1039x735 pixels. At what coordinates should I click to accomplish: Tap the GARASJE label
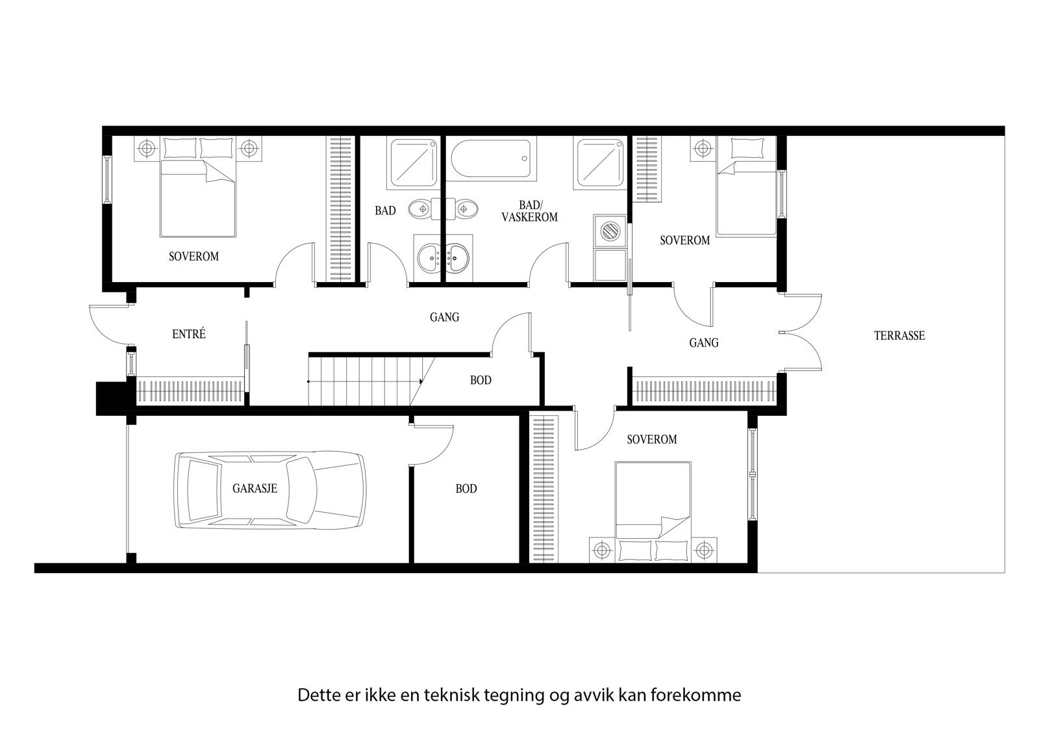click(255, 489)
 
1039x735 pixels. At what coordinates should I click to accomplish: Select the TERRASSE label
click(899, 336)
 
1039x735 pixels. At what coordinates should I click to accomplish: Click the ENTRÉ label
click(189, 334)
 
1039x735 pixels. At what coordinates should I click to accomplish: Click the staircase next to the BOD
click(364, 381)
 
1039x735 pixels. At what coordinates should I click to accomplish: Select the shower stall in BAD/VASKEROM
click(599, 161)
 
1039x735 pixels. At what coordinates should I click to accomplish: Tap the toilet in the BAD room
click(421, 209)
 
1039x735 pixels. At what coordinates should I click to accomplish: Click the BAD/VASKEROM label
click(529, 211)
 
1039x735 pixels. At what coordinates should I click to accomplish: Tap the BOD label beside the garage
click(466, 489)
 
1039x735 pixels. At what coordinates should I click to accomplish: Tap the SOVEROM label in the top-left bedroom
click(194, 257)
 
